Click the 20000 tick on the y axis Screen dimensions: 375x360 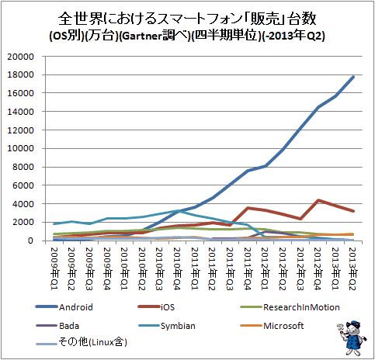tap(20, 57)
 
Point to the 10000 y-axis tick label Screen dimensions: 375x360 tap(20, 148)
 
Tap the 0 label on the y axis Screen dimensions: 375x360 tap(31, 241)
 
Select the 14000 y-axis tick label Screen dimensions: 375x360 tap(20, 112)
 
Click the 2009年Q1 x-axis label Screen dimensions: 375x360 tap(54, 268)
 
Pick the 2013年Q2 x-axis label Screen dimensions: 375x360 tap(353, 268)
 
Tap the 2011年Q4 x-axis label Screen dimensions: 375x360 tap(248, 268)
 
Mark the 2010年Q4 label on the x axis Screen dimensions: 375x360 tap(177, 268)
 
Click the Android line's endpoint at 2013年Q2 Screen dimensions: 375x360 tap(353, 77)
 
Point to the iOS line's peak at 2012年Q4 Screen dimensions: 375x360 tap(318, 200)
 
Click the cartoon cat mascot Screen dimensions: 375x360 tap(352, 337)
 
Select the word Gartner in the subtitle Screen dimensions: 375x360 tap(142, 36)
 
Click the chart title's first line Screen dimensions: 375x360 tap(187, 19)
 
